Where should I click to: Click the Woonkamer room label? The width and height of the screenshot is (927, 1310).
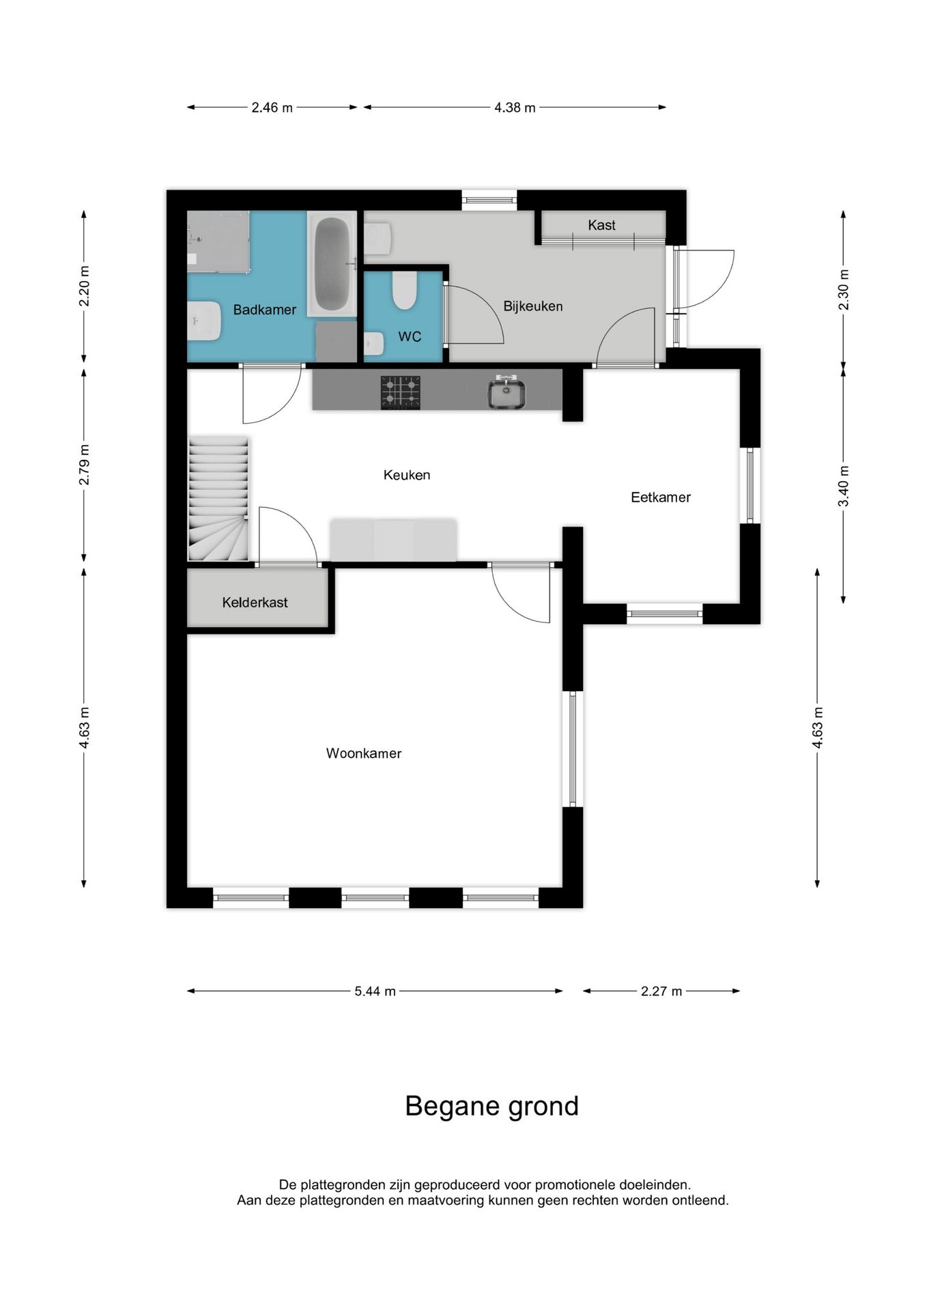pos(363,753)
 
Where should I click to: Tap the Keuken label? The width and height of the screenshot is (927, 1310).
pos(407,475)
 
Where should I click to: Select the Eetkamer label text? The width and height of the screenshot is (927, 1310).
pos(661,497)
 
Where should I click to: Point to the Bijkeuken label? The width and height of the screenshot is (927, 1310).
pos(533,306)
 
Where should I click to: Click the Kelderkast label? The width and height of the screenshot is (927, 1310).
pos(255,602)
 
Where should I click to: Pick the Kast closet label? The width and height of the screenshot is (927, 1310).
pos(601,225)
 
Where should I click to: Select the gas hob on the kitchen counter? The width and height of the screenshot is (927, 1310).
pos(401,392)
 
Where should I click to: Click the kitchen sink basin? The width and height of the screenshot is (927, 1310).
pos(507,394)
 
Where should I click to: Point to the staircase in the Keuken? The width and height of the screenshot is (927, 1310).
pos(218,499)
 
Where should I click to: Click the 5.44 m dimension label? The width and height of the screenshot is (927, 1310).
pos(375,991)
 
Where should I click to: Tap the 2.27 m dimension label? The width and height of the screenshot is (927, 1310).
pos(661,991)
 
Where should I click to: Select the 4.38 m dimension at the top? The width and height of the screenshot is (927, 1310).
pos(515,107)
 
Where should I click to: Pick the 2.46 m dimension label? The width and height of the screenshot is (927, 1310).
pos(272,107)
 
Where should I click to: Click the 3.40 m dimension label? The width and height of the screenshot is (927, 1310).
pos(844,486)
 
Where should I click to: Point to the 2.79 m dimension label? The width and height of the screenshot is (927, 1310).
pos(84,465)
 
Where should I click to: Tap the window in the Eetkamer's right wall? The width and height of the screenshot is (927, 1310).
pos(750,485)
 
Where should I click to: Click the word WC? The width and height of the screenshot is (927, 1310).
pos(410,336)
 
